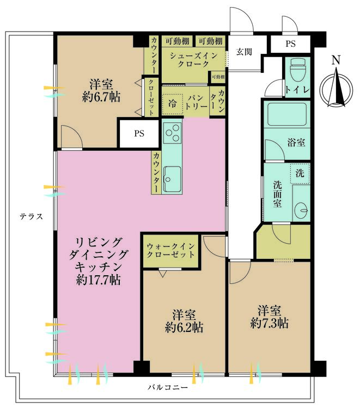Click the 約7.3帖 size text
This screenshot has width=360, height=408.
click(x=270, y=323)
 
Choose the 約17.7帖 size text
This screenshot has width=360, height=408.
click(x=99, y=281)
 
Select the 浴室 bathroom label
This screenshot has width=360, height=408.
click(x=296, y=143)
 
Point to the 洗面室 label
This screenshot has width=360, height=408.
click(x=277, y=194)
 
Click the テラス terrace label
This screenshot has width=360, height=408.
click(x=31, y=216)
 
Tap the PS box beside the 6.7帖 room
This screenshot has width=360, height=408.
click(x=140, y=134)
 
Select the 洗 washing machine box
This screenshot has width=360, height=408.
click(x=300, y=174)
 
